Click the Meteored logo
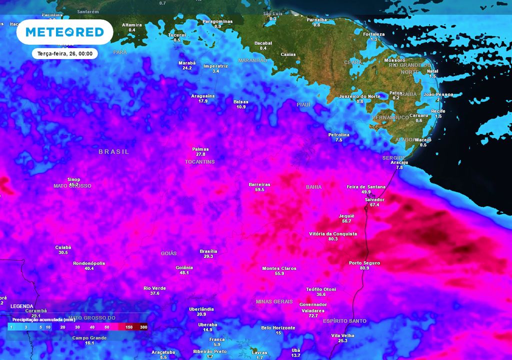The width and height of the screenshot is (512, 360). pyautogui.click(x=64, y=32)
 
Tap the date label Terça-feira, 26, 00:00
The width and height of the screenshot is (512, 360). pyautogui.click(x=64, y=53)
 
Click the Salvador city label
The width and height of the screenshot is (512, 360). pyautogui.click(x=374, y=199)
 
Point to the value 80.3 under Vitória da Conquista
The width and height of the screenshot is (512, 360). pyautogui.click(x=333, y=239)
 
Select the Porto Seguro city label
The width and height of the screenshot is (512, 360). pyautogui.click(x=364, y=263)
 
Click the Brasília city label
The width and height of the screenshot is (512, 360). pyautogui.click(x=208, y=251)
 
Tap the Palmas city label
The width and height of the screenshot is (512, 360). pyautogui.click(x=200, y=149)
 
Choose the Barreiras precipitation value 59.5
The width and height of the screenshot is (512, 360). pyautogui.click(x=259, y=190)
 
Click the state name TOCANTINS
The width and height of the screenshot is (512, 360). pyautogui.click(x=199, y=162)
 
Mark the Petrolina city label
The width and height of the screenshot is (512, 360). pyautogui.click(x=338, y=135)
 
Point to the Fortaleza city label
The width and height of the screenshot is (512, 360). pyautogui.click(x=373, y=34)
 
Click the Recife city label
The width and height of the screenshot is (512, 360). pyautogui.click(x=438, y=111)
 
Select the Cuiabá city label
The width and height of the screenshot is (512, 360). pyautogui.click(x=63, y=247)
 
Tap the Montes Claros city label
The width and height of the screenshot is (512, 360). pyautogui.click(x=279, y=268)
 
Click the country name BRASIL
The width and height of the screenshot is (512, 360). pyautogui.click(x=113, y=151)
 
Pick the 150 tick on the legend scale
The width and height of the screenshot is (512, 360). pyautogui.click(x=129, y=327)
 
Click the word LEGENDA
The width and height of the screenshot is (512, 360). pyautogui.click(x=22, y=306)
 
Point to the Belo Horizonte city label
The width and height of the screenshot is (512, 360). pyautogui.click(x=278, y=328)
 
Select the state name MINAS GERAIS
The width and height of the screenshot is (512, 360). pyautogui.click(x=274, y=301)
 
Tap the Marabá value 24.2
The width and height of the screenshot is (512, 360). pyautogui.click(x=187, y=68)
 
